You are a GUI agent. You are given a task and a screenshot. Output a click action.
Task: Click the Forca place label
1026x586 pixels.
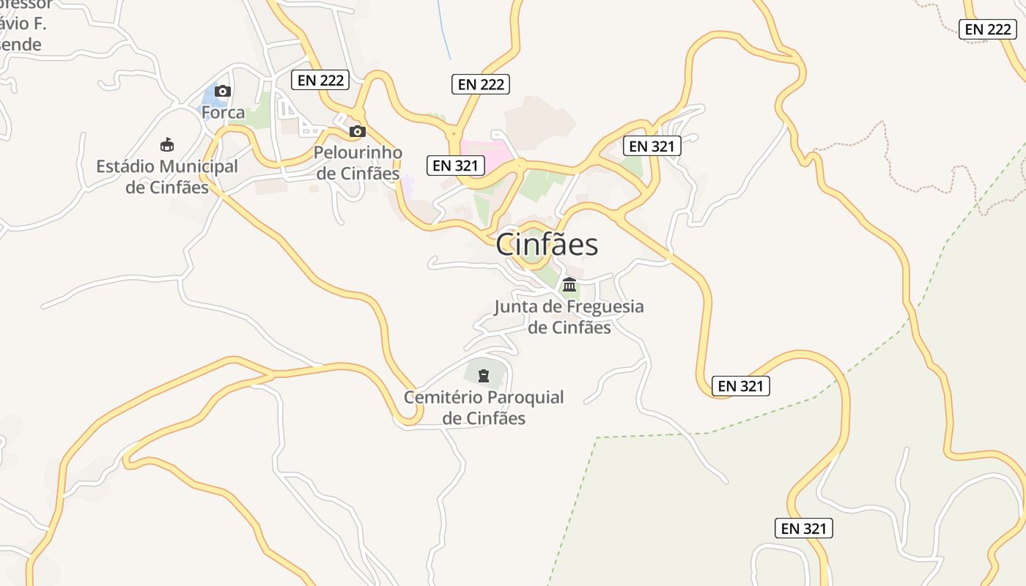pos(223,113)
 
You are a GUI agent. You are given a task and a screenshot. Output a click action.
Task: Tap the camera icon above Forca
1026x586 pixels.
pos(223,92)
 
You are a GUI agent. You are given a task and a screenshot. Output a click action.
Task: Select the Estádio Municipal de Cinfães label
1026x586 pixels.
pos(167,177)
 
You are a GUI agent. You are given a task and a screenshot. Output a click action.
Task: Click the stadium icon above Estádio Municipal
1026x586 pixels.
pos(167,144)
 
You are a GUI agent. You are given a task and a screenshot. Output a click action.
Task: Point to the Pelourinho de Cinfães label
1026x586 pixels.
pos(358,163)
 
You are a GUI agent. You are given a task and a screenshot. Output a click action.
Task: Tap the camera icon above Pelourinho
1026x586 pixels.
pos(357,132)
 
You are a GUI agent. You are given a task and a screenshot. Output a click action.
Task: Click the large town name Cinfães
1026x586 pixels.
pos(547,245)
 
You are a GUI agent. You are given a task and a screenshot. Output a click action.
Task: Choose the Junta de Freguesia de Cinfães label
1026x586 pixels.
pos(569,316)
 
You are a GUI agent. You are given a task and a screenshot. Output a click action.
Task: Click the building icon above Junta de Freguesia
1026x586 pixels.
pos(569,284)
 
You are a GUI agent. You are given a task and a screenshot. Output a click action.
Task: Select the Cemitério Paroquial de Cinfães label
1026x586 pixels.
pos(484,407)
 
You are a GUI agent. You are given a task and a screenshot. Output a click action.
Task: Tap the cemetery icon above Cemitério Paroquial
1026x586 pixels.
pos(483,376)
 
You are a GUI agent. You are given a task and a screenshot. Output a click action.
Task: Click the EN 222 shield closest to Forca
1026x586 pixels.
pos(320,80)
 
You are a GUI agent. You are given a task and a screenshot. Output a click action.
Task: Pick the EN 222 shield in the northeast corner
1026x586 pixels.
pos(988,29)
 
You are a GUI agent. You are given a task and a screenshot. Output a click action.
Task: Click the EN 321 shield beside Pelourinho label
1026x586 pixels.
pos(455,166)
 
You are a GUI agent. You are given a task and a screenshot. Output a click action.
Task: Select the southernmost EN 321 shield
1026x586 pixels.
pos(803,528)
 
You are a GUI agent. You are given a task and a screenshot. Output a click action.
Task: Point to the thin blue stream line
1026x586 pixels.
pos(443,29)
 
